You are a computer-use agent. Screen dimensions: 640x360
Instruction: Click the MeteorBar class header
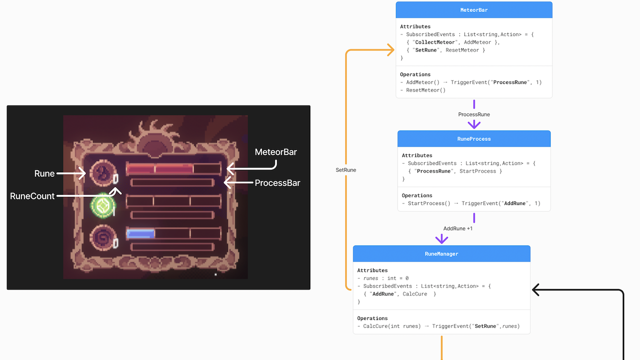[474, 10]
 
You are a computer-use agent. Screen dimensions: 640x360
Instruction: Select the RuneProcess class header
[474, 139]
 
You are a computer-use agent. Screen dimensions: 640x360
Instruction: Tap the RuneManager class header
[441, 253]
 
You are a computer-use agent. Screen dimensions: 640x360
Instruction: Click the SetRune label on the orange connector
[345, 170]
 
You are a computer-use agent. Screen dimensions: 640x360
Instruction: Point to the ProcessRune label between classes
[474, 114]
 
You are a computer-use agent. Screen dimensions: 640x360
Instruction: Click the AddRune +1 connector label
[457, 228]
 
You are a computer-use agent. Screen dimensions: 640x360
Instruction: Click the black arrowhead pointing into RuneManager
[535, 289]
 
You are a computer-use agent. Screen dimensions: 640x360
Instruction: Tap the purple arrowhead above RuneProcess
[474, 125]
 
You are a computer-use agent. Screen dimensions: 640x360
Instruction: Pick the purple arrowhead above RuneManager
[441, 239]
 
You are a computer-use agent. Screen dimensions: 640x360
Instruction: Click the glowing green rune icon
[103, 205]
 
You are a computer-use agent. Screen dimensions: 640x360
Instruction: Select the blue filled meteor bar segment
[140, 234]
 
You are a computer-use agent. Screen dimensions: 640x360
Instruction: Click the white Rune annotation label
[44, 173]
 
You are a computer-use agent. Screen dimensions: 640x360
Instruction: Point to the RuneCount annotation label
[32, 196]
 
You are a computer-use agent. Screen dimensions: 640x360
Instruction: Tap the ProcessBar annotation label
[277, 183]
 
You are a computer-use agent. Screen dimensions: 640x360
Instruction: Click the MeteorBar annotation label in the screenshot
[275, 152]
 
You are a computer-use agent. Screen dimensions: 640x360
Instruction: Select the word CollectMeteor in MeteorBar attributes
[435, 42]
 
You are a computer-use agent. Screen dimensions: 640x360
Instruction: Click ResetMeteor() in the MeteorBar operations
[425, 90]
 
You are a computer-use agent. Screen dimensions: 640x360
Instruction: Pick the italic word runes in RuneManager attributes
[370, 278]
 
